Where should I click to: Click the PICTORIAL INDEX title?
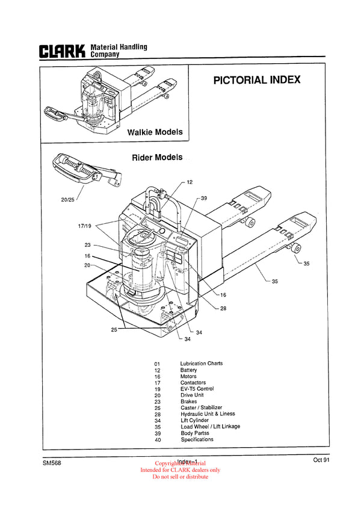point(257,79)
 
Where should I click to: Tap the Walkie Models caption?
point(155,132)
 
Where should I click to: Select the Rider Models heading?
point(156,157)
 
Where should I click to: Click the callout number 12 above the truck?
point(189,181)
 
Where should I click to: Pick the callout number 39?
point(204,198)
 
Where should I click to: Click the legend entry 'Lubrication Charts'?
point(201,364)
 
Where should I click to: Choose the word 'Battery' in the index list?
point(188,370)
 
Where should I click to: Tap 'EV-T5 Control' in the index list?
point(197,389)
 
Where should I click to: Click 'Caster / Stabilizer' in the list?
point(201,407)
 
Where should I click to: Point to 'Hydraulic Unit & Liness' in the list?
point(208,413)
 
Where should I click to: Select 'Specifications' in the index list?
point(197,439)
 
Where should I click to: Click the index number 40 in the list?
point(158,439)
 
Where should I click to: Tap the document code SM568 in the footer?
point(51,463)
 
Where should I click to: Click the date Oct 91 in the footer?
point(321,460)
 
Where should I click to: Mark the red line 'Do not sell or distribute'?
point(180,477)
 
